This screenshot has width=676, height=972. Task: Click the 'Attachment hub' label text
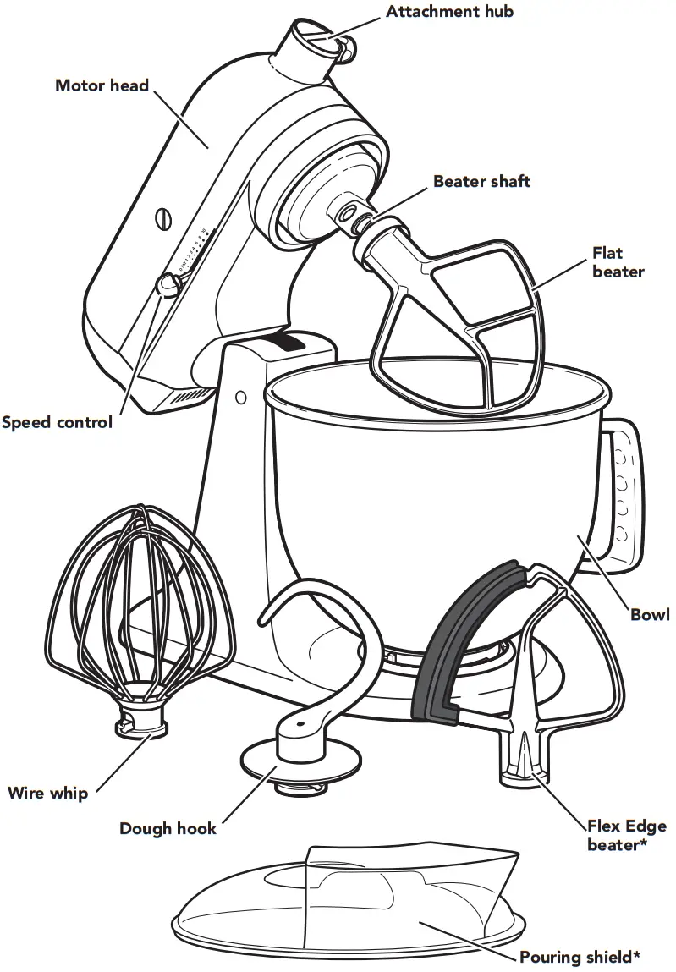pyautogui.click(x=449, y=11)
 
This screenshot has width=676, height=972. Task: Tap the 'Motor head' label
pyautogui.click(x=102, y=85)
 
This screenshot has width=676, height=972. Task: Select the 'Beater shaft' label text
pyautogui.click(x=481, y=181)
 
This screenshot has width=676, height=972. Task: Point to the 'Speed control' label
pyautogui.click(x=57, y=422)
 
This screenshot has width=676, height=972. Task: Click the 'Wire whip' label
pyautogui.click(x=47, y=793)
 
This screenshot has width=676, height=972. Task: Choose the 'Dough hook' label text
pyautogui.click(x=168, y=828)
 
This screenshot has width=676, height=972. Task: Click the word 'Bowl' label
pyautogui.click(x=649, y=614)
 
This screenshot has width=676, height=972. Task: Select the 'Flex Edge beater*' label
pyautogui.click(x=626, y=835)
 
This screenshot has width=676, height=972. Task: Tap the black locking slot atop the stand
pyautogui.click(x=286, y=341)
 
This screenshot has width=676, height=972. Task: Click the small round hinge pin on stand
pyautogui.click(x=241, y=396)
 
